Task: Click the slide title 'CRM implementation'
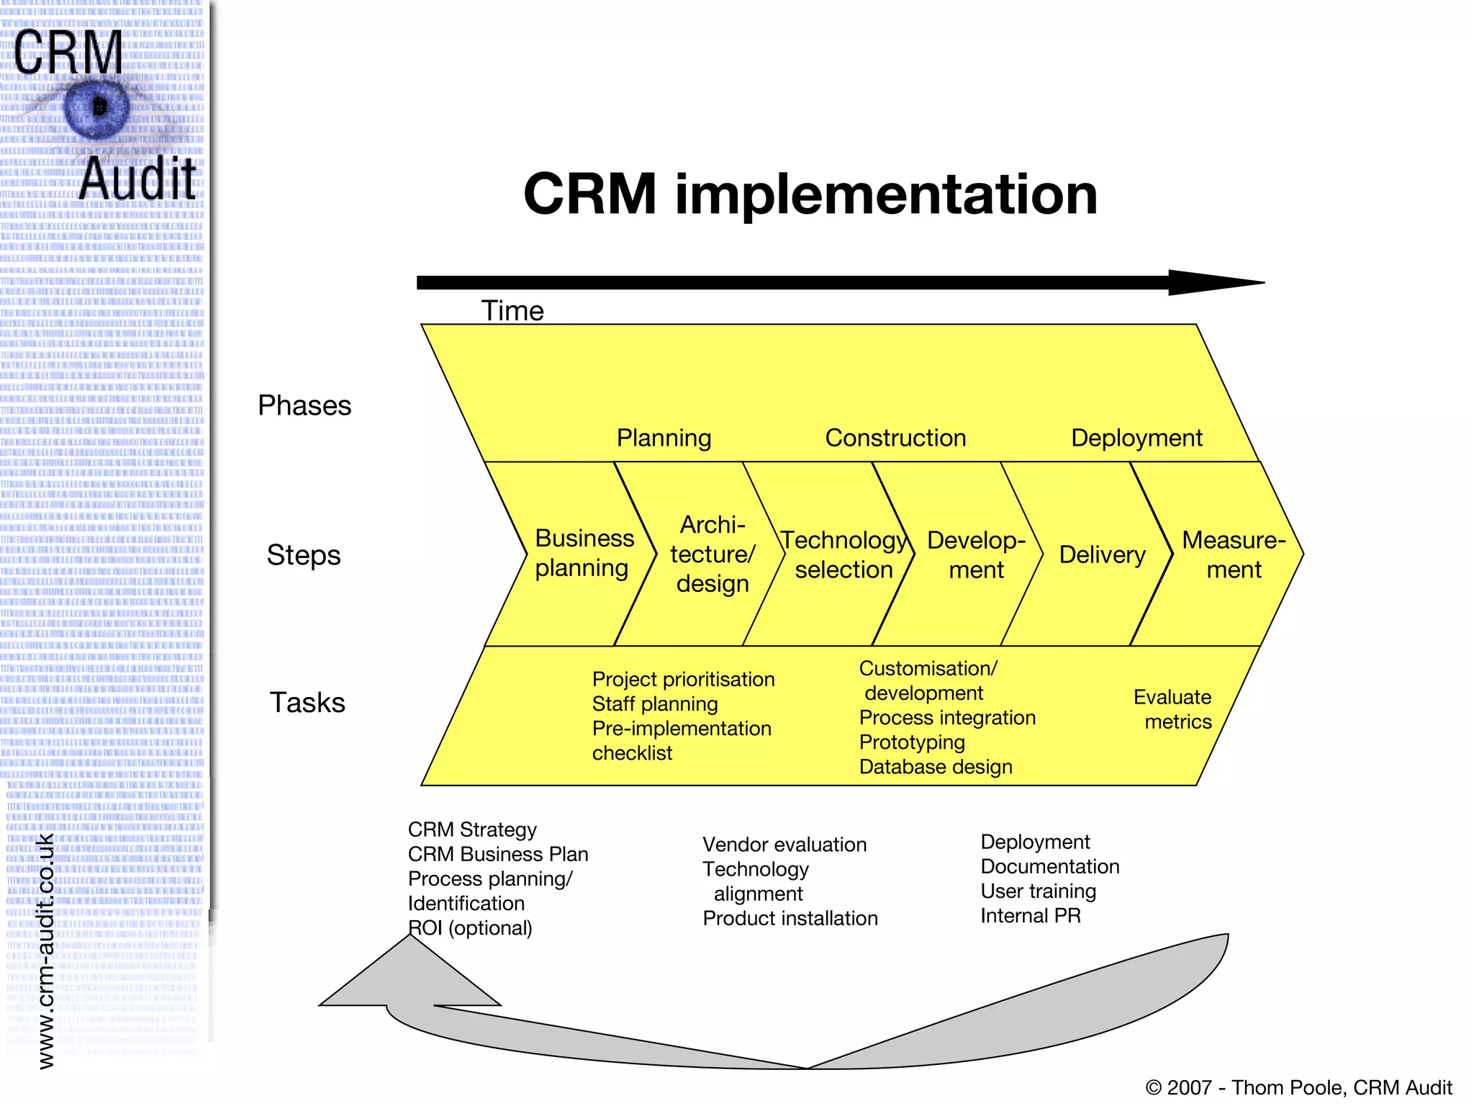pyautogui.click(x=810, y=194)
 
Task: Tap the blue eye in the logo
pyautogui.click(x=97, y=108)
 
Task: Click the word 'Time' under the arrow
pyautogui.click(x=512, y=311)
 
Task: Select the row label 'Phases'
pyautogui.click(x=304, y=406)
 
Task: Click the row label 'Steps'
pyautogui.click(x=303, y=555)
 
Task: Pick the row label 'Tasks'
pyautogui.click(x=307, y=703)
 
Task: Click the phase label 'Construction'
pyautogui.click(x=895, y=438)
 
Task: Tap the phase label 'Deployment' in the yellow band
pyautogui.click(x=1136, y=438)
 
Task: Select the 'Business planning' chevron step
pyautogui.click(x=583, y=553)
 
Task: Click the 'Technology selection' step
pyautogui.click(x=843, y=554)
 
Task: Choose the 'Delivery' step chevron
pyautogui.click(x=1101, y=554)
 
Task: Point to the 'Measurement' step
pyautogui.click(x=1233, y=554)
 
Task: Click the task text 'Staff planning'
pyautogui.click(x=654, y=704)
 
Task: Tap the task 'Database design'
pyautogui.click(x=935, y=767)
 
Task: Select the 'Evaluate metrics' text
pyautogui.click(x=1173, y=709)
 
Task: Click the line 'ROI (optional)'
pyautogui.click(x=470, y=928)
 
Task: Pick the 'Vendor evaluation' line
pyautogui.click(x=784, y=845)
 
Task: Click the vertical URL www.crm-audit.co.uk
pyautogui.click(x=45, y=950)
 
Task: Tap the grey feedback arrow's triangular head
pyautogui.click(x=410, y=979)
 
